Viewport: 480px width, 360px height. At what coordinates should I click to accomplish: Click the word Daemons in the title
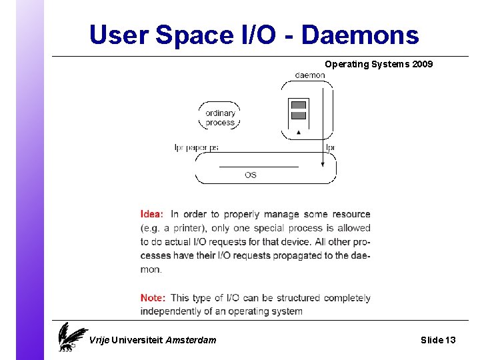click(x=360, y=35)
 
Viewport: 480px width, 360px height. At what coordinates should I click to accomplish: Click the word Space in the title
click(x=190, y=35)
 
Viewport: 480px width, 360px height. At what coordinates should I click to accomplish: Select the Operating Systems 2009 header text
click(x=379, y=64)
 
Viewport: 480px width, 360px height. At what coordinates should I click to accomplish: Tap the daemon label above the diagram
click(x=310, y=75)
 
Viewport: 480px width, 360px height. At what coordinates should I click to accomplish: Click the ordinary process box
click(x=220, y=117)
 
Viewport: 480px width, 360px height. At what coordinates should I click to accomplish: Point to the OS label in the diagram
click(x=251, y=175)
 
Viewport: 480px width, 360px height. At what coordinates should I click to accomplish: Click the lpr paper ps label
click(x=196, y=147)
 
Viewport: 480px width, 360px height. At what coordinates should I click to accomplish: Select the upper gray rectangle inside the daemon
click(x=299, y=105)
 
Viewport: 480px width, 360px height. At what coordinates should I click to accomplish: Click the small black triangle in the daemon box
click(x=299, y=132)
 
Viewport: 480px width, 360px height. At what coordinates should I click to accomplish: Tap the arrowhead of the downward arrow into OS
click(x=323, y=163)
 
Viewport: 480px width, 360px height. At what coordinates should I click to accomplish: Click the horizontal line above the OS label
click(x=259, y=166)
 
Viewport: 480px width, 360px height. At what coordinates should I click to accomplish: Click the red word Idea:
click(x=151, y=214)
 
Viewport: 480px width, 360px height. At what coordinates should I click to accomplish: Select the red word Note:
click(x=153, y=298)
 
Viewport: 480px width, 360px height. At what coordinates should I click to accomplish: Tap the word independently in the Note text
click(x=171, y=311)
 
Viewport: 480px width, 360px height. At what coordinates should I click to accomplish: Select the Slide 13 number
click(x=438, y=340)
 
